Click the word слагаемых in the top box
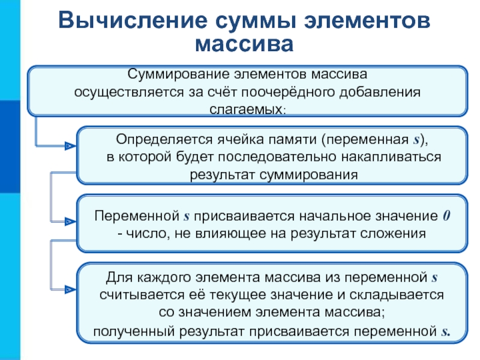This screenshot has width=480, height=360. (x=245, y=110)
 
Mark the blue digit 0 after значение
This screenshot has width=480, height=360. (x=445, y=215)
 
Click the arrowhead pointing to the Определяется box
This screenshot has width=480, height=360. (x=71, y=145)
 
